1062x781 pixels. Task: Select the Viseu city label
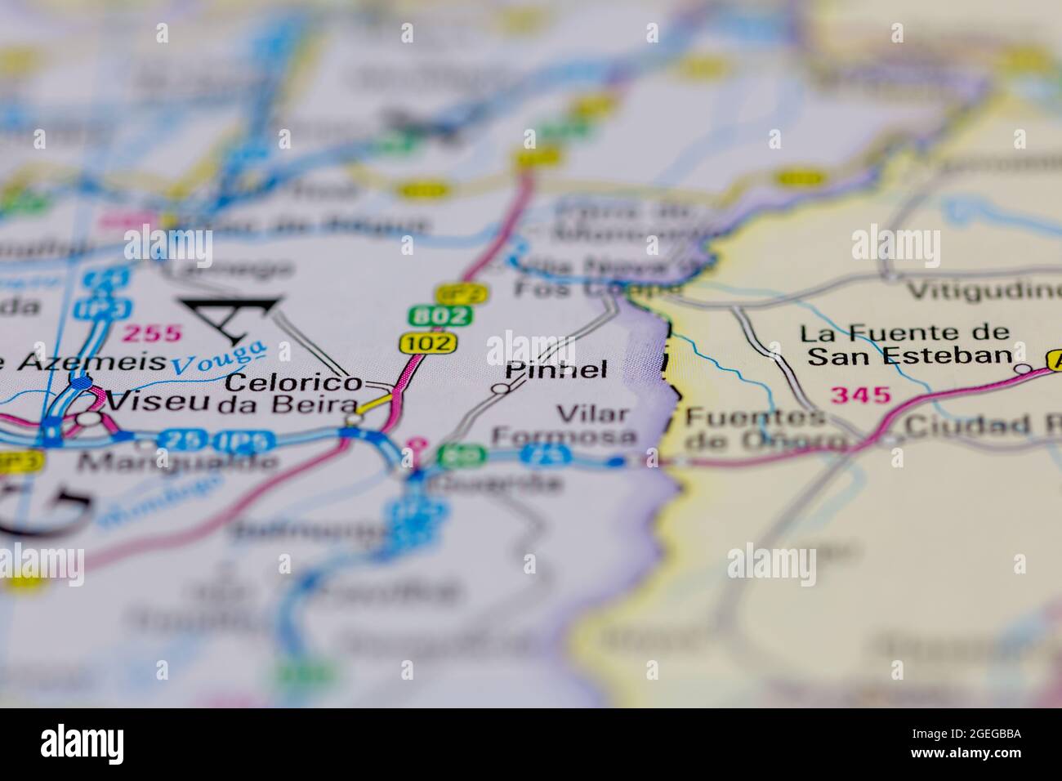point(158,402)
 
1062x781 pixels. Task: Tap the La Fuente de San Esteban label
point(904,345)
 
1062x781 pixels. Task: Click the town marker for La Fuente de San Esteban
point(1022,369)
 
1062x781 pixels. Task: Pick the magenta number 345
point(859,395)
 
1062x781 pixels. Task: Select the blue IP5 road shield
point(246,440)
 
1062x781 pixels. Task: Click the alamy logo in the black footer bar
point(82,744)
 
